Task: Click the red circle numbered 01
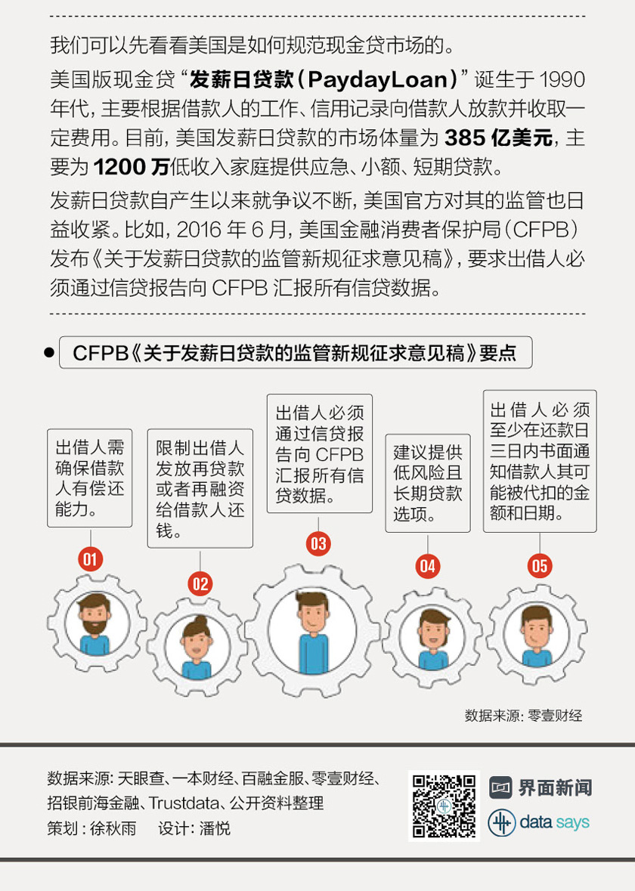[91, 559]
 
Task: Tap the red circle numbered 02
[200, 583]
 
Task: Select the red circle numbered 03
[318, 543]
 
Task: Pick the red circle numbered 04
[428, 566]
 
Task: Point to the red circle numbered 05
[540, 566]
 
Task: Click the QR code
[444, 806]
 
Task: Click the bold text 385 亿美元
[498, 137]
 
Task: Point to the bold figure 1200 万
[131, 166]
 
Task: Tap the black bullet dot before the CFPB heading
[49, 352]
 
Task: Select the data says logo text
[554, 821]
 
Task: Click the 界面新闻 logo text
[554, 787]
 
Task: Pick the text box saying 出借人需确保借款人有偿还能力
[90, 478]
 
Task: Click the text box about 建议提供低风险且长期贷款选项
[428, 483]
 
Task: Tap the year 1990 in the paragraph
[562, 79]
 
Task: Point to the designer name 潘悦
[215, 828]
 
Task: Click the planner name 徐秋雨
[113, 828]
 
